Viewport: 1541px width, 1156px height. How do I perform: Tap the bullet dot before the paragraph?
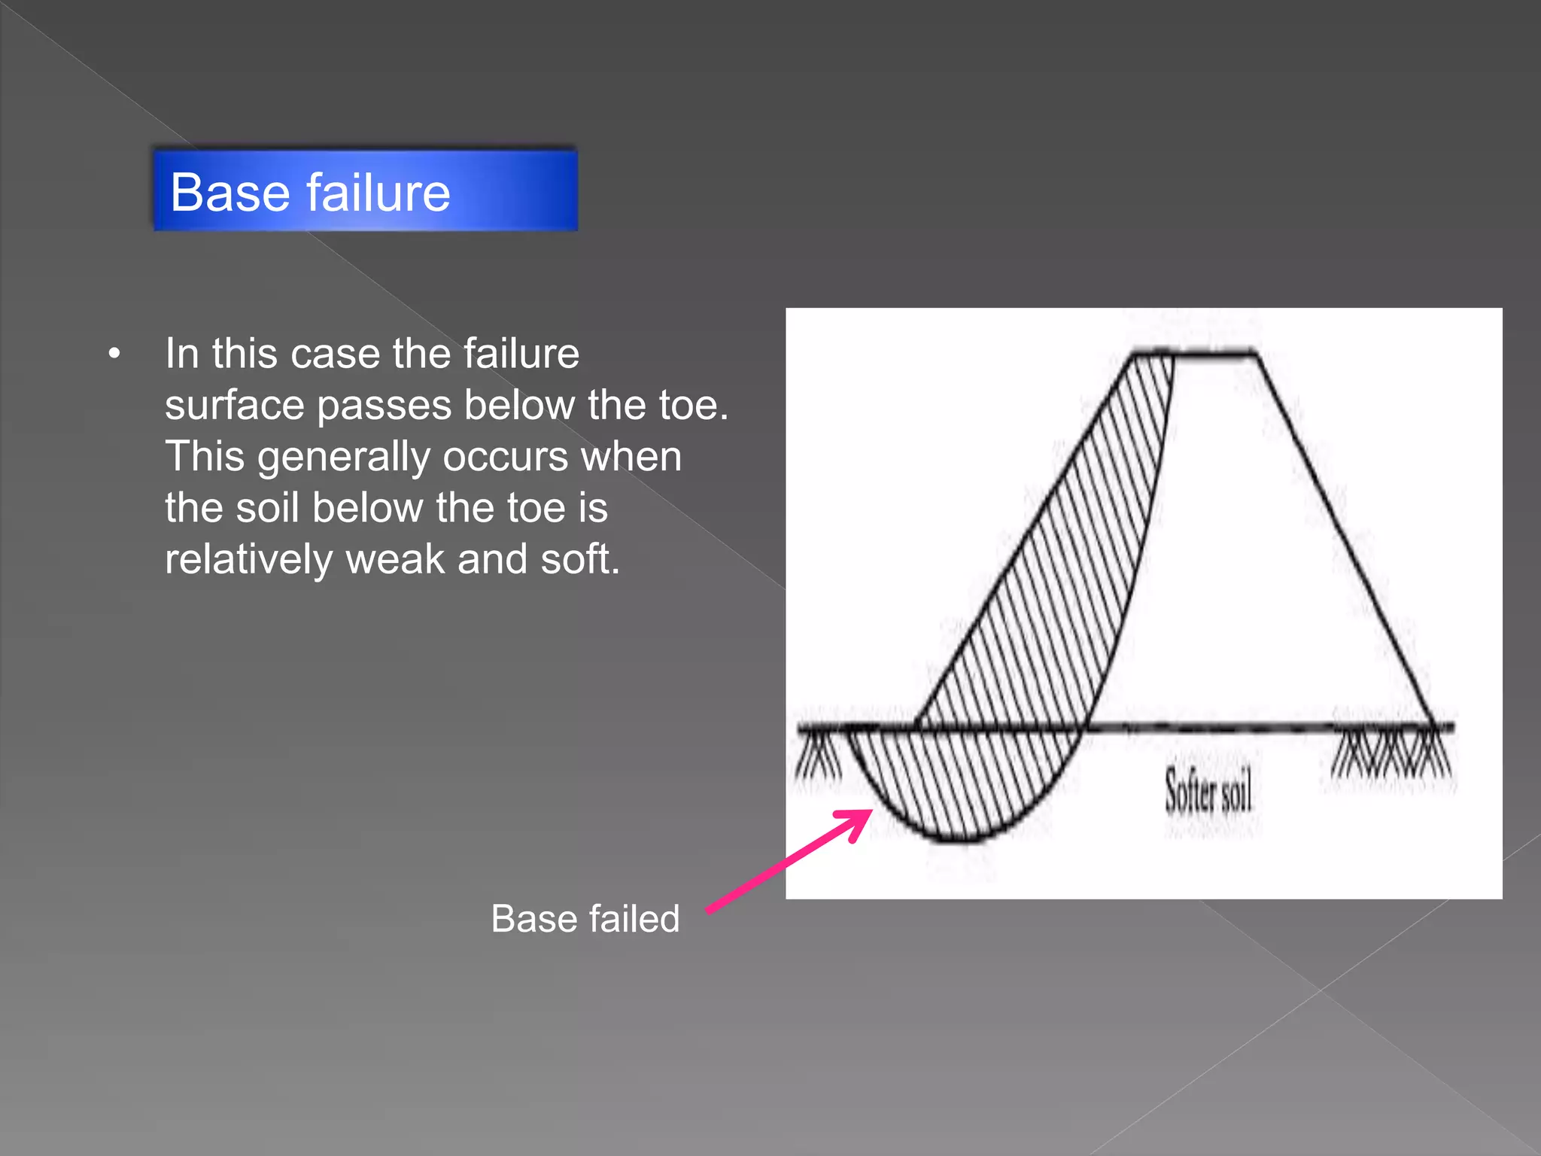click(114, 354)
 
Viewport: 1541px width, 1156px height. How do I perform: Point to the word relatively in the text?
click(248, 559)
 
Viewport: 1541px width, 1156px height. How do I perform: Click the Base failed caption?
click(585, 918)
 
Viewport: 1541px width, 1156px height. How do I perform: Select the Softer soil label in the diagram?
click(1208, 791)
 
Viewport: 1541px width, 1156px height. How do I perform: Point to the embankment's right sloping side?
click(1347, 538)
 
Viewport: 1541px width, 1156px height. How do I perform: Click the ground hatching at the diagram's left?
click(819, 756)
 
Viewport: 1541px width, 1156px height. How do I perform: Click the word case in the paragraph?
click(335, 354)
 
